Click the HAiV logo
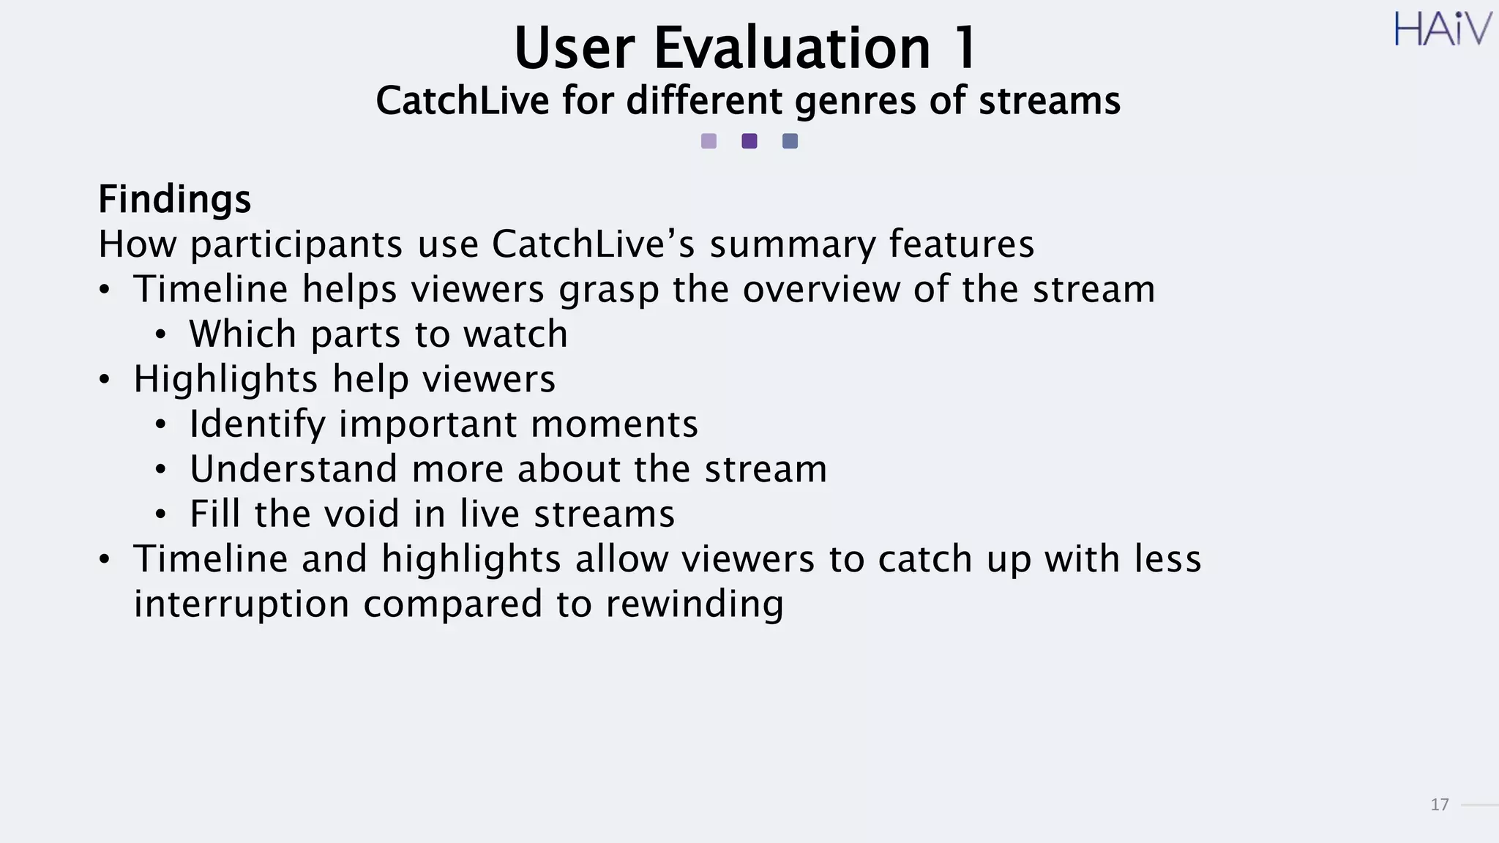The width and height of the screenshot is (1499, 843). coord(1442,29)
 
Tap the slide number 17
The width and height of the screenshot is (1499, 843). coord(1439,805)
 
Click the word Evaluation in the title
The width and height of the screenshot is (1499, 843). coord(791,48)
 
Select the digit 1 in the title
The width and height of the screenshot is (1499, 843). coord(965,48)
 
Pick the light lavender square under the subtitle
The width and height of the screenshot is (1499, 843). coord(709,141)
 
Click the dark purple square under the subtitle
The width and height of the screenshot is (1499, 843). coord(749,141)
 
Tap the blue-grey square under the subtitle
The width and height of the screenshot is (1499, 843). coord(790,141)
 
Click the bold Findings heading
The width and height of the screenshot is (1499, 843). coord(175,199)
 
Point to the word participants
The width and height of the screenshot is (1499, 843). coord(296,245)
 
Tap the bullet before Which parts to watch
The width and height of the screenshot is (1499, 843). coord(161,335)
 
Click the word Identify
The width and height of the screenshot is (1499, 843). coord(257,425)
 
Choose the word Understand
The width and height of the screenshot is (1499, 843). coord(294,469)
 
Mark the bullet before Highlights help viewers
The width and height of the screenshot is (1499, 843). coord(105,380)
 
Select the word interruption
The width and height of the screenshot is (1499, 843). coord(242,604)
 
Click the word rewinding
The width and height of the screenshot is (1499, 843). coord(695,605)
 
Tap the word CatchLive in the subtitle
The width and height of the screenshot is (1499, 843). coord(462,101)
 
